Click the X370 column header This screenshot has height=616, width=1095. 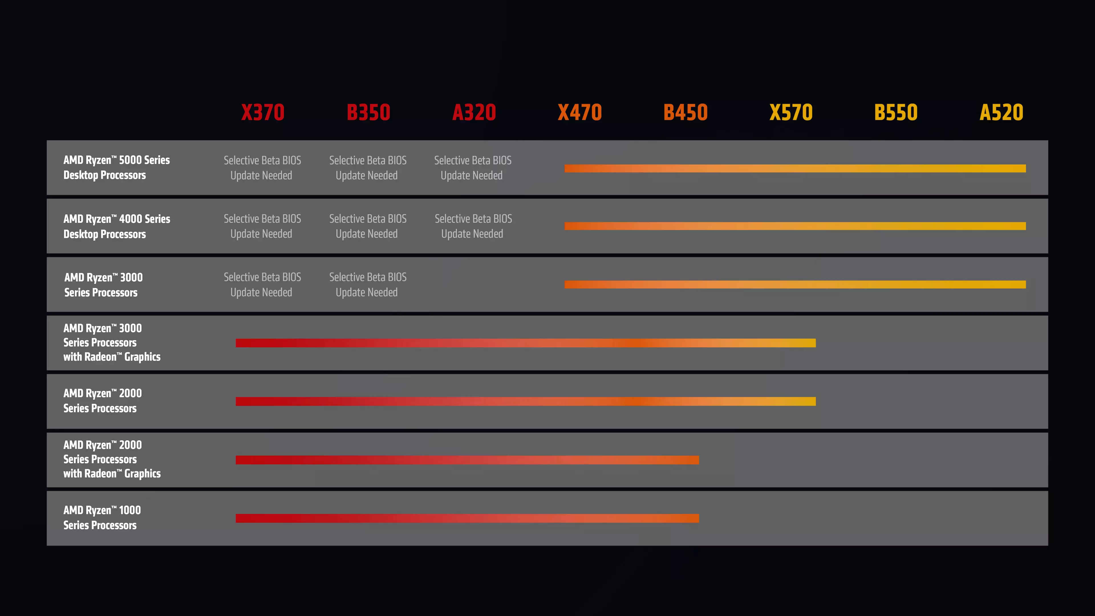(x=263, y=112)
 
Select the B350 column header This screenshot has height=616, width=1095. (x=368, y=112)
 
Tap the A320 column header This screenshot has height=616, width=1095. (x=474, y=112)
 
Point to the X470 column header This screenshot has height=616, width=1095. (x=580, y=112)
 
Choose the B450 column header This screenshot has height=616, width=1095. (x=685, y=112)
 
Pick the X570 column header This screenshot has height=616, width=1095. (x=791, y=112)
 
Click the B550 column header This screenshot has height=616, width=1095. (x=896, y=112)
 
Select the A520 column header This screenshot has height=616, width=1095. (x=1001, y=112)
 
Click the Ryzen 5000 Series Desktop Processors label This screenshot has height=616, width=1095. (x=116, y=167)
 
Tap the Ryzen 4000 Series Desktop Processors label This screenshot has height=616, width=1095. (x=116, y=226)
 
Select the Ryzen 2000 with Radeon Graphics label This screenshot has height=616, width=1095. (x=112, y=459)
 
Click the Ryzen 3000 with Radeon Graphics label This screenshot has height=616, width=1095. (x=112, y=342)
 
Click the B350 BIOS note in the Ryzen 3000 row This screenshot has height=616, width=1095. (x=368, y=284)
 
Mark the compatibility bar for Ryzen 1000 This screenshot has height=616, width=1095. (x=467, y=518)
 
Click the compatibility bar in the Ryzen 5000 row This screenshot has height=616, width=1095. (x=795, y=168)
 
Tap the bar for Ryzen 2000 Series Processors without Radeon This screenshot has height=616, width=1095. (x=525, y=401)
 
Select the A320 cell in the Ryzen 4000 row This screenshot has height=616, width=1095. (x=473, y=226)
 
